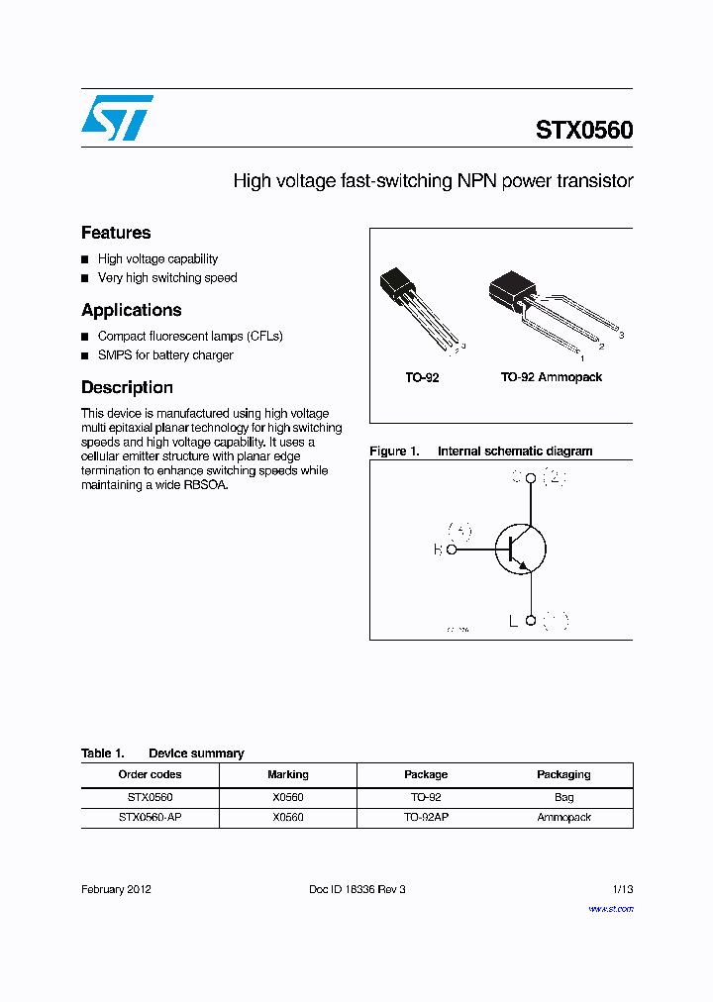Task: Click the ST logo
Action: coord(117,118)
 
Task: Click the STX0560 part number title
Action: coord(584,131)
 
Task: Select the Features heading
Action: coord(116,233)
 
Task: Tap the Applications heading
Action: coord(132,310)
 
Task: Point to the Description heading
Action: coord(127,387)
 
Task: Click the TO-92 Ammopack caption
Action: coord(551,377)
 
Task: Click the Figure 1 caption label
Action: coord(394,451)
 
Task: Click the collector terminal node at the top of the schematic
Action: coord(531,479)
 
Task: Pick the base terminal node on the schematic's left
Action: coord(452,550)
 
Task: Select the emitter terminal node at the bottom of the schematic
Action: coord(531,621)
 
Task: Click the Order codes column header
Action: coord(151,774)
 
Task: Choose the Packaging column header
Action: coord(563,774)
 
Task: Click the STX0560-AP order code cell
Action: coord(151,818)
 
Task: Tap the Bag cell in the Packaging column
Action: coord(563,797)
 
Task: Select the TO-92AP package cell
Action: coord(426,818)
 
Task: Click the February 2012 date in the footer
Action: coord(116,889)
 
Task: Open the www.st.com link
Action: coord(611,909)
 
